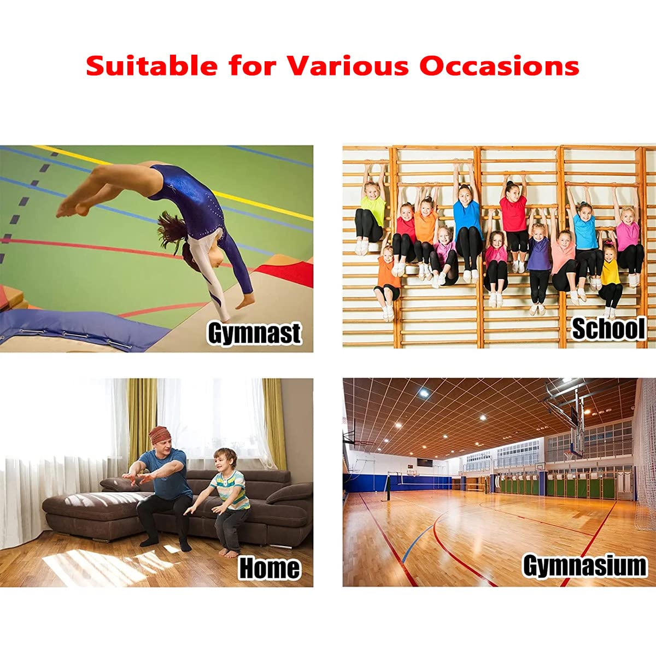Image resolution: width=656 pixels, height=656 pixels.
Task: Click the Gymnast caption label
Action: coord(254,333)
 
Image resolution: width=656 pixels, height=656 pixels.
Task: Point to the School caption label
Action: coord(607,329)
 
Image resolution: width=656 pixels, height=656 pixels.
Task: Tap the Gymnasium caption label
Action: coord(584,565)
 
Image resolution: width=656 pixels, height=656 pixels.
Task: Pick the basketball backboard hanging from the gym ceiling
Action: coord(572,437)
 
